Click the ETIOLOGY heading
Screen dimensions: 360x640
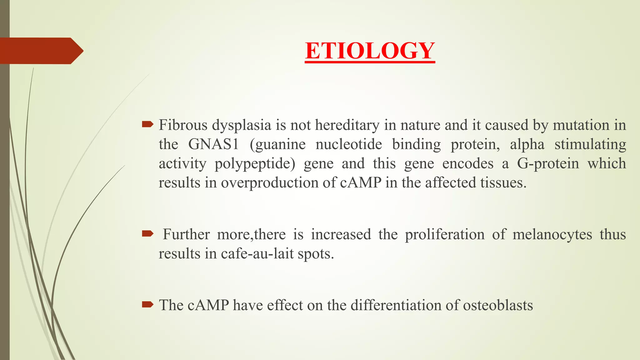click(x=370, y=51)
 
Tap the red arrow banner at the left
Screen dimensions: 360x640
click(x=41, y=51)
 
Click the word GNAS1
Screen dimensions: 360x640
click(x=213, y=144)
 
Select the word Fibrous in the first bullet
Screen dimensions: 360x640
click(x=183, y=125)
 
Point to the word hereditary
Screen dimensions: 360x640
click(x=347, y=125)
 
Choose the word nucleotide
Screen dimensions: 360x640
click(x=349, y=144)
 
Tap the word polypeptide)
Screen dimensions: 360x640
click(x=255, y=164)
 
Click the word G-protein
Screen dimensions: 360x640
click(x=548, y=164)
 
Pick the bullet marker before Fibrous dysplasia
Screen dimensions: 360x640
click(x=147, y=125)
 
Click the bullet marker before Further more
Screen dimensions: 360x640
click(x=147, y=233)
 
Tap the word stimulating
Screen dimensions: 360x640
click(x=590, y=144)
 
